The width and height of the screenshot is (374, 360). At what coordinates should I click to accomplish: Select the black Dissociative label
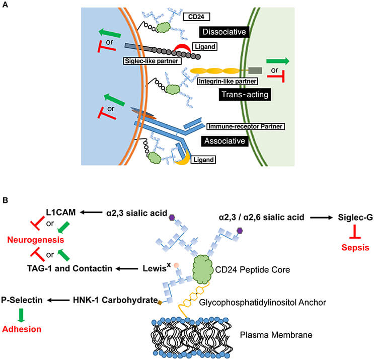[x=223, y=33]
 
